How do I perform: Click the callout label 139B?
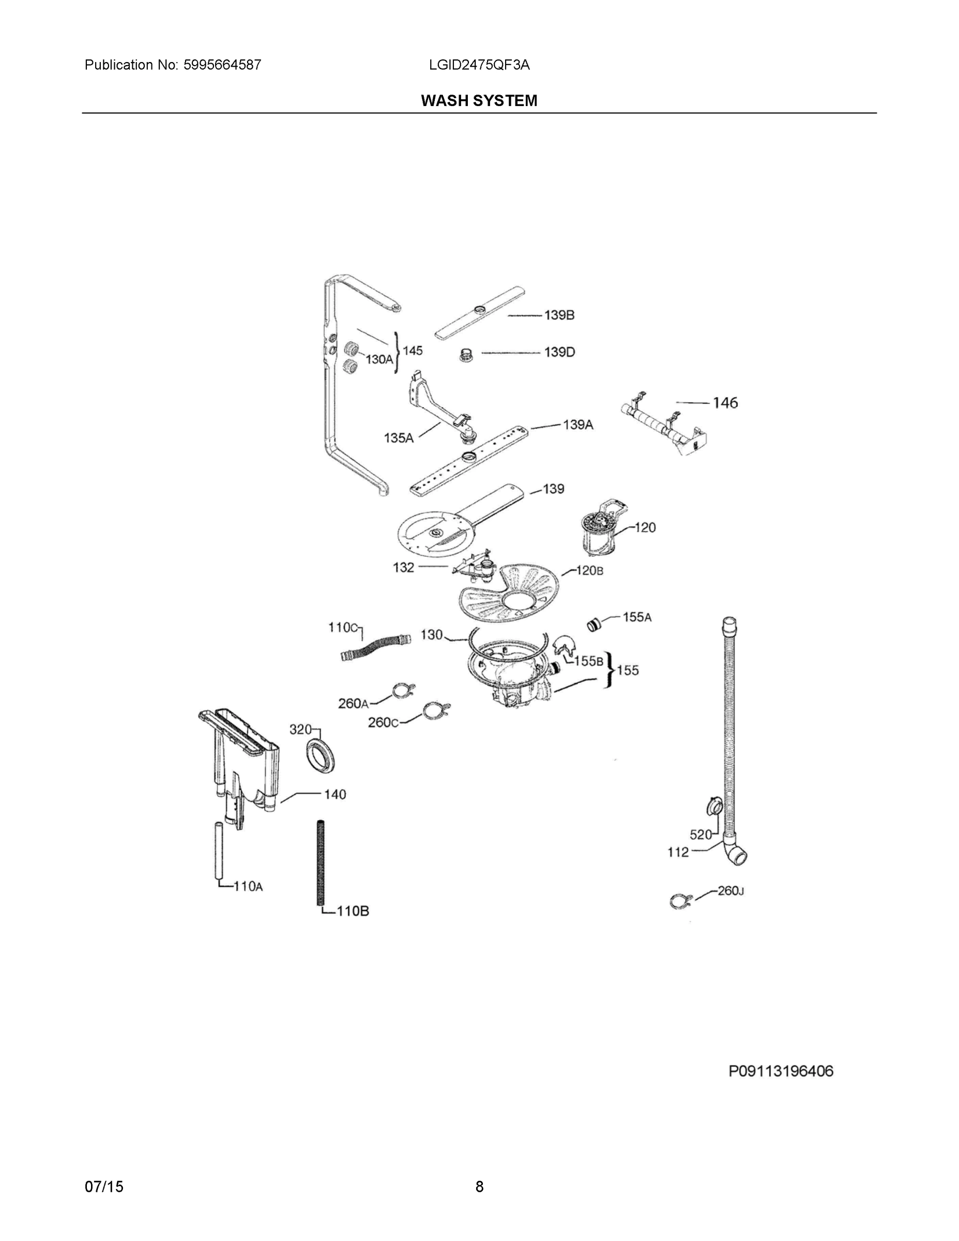coord(559,315)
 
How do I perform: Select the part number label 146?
coord(725,403)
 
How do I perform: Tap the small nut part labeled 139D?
coord(466,356)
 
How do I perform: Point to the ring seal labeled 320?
coord(321,756)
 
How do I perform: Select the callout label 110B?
coord(353,912)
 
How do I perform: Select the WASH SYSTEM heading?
coord(479,101)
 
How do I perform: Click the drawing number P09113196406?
coord(781,1071)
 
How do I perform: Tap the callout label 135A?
coord(398,437)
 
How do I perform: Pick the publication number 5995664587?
coord(222,65)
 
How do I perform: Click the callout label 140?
coord(334,794)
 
